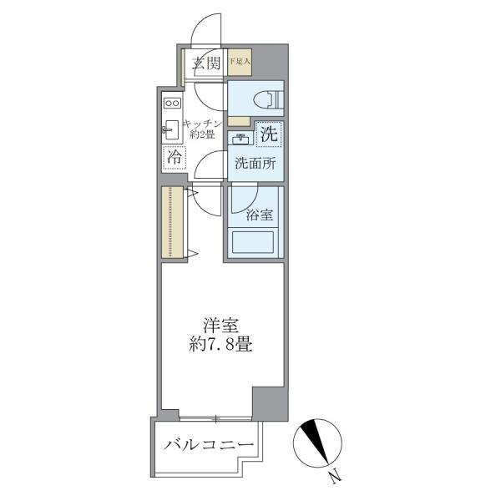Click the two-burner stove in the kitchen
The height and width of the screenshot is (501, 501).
click(173, 103)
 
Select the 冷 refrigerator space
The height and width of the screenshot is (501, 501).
click(174, 157)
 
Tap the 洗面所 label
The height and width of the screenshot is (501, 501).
click(255, 164)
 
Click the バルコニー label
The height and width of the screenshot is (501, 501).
click(208, 446)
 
